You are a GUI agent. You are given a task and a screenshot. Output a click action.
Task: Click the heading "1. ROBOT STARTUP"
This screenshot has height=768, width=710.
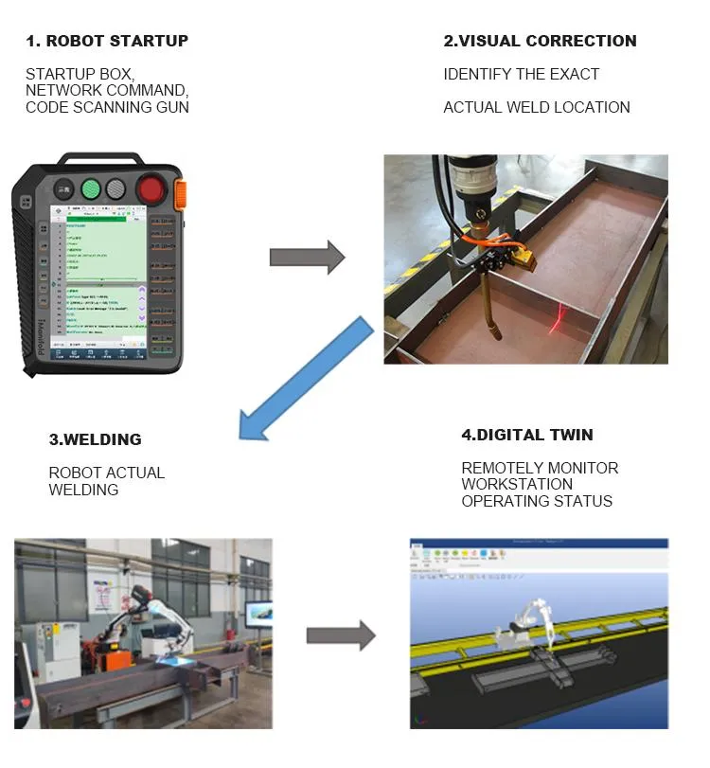pyautogui.click(x=106, y=41)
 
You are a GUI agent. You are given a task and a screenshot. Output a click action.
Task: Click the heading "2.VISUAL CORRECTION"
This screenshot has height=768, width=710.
pyautogui.click(x=540, y=41)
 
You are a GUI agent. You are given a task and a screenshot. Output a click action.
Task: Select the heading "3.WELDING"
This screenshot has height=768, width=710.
pyautogui.click(x=95, y=439)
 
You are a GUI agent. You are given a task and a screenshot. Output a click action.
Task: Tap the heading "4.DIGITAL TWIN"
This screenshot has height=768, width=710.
pyautogui.click(x=527, y=435)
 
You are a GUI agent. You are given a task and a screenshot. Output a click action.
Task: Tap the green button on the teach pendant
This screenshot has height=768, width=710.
pyautogui.click(x=92, y=188)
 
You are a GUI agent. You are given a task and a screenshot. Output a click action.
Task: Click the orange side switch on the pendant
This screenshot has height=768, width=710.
pyautogui.click(x=180, y=193)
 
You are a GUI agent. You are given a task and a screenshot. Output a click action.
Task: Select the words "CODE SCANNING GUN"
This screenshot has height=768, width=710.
pyautogui.click(x=107, y=107)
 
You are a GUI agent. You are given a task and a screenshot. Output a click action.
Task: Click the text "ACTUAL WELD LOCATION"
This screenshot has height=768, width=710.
pyautogui.click(x=536, y=107)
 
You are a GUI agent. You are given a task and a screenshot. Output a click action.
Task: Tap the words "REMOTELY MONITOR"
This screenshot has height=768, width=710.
pyautogui.click(x=540, y=468)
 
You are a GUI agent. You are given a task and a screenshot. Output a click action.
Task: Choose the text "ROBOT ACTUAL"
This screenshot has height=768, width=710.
pyautogui.click(x=106, y=473)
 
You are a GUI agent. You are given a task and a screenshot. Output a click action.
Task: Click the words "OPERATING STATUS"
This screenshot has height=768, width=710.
pyautogui.click(x=537, y=501)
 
